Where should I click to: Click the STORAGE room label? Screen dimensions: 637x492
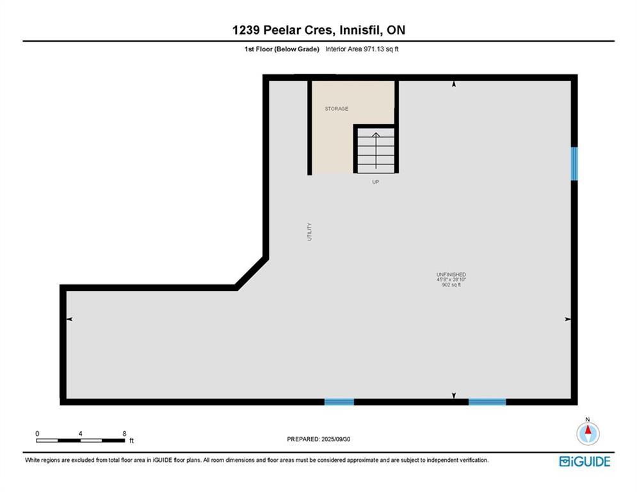click(x=336, y=108)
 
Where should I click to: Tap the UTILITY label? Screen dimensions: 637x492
click(x=310, y=232)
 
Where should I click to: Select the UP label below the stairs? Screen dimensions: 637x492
click(x=376, y=182)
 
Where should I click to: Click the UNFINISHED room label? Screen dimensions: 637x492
click(x=451, y=274)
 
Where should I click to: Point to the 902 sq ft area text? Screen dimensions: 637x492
click(x=451, y=285)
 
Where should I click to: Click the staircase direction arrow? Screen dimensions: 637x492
click(x=376, y=150)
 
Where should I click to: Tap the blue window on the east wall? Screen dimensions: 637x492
click(x=574, y=163)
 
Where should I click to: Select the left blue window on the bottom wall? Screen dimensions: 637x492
click(x=339, y=402)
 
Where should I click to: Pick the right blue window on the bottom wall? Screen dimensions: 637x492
click(x=487, y=402)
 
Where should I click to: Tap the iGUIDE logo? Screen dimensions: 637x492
click(x=585, y=461)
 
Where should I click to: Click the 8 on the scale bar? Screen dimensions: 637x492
click(x=124, y=434)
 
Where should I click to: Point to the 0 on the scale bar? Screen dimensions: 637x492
click(x=37, y=434)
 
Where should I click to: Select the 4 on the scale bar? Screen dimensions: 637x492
click(x=81, y=434)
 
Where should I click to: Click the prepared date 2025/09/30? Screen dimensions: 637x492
click(x=335, y=439)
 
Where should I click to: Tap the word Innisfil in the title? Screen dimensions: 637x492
click(x=359, y=30)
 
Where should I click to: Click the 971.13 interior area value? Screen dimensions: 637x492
click(x=374, y=49)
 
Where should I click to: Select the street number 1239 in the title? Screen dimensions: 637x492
click(x=246, y=30)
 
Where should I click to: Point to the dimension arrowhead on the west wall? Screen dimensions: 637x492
click(x=70, y=319)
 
